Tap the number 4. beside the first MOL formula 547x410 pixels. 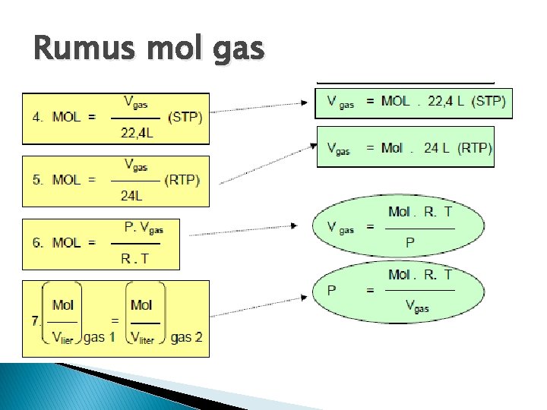pos(38,118)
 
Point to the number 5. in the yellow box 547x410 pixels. pos(38,180)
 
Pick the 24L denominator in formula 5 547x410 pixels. pos(131,196)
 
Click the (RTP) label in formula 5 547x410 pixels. pos(182,180)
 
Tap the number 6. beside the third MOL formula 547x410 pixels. pos(38,243)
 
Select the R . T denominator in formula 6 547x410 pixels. pos(135,258)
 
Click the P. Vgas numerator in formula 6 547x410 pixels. pos(144,228)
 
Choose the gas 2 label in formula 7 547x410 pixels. pos(188,337)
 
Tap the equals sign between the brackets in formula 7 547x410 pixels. pos(114,321)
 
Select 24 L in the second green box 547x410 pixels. pos(438,148)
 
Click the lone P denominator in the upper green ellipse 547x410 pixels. pos(410,243)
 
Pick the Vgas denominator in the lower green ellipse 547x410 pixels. pos(417,307)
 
